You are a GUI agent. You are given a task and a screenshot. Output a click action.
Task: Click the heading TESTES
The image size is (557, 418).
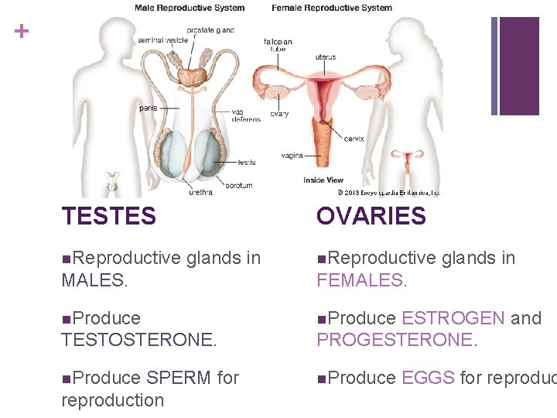[x=108, y=216]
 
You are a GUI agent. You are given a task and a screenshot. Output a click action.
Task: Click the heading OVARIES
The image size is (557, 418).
[x=371, y=216]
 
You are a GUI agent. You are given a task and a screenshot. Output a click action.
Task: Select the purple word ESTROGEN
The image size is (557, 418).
[x=453, y=318]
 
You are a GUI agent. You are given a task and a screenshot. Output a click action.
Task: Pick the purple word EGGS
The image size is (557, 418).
[x=428, y=378]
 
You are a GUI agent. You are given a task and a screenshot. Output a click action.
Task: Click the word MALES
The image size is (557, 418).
[x=94, y=280]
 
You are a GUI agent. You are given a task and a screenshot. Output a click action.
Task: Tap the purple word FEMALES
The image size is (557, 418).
[x=361, y=280]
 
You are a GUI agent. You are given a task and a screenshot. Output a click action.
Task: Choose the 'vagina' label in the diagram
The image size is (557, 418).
[x=292, y=155]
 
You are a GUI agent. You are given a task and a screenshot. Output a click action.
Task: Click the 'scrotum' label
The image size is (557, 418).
[x=238, y=186]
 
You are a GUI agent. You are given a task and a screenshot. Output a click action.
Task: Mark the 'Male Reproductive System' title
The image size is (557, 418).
[x=190, y=9]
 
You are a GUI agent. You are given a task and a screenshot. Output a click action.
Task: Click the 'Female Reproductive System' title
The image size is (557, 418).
[x=331, y=9]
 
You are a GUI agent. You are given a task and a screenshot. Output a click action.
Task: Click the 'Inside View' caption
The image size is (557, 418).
[x=323, y=180]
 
